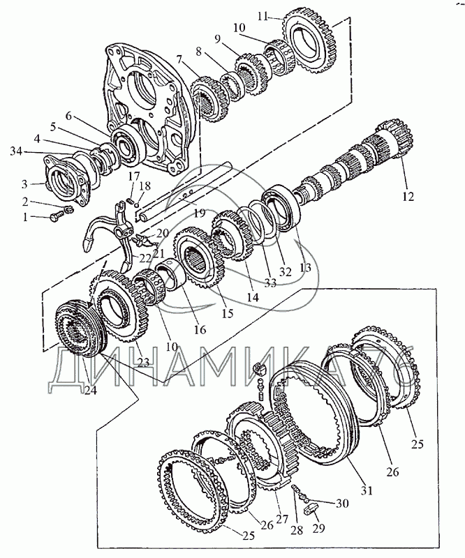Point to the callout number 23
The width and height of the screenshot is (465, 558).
pos(144,361)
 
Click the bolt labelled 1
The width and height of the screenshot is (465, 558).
pos(57,218)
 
